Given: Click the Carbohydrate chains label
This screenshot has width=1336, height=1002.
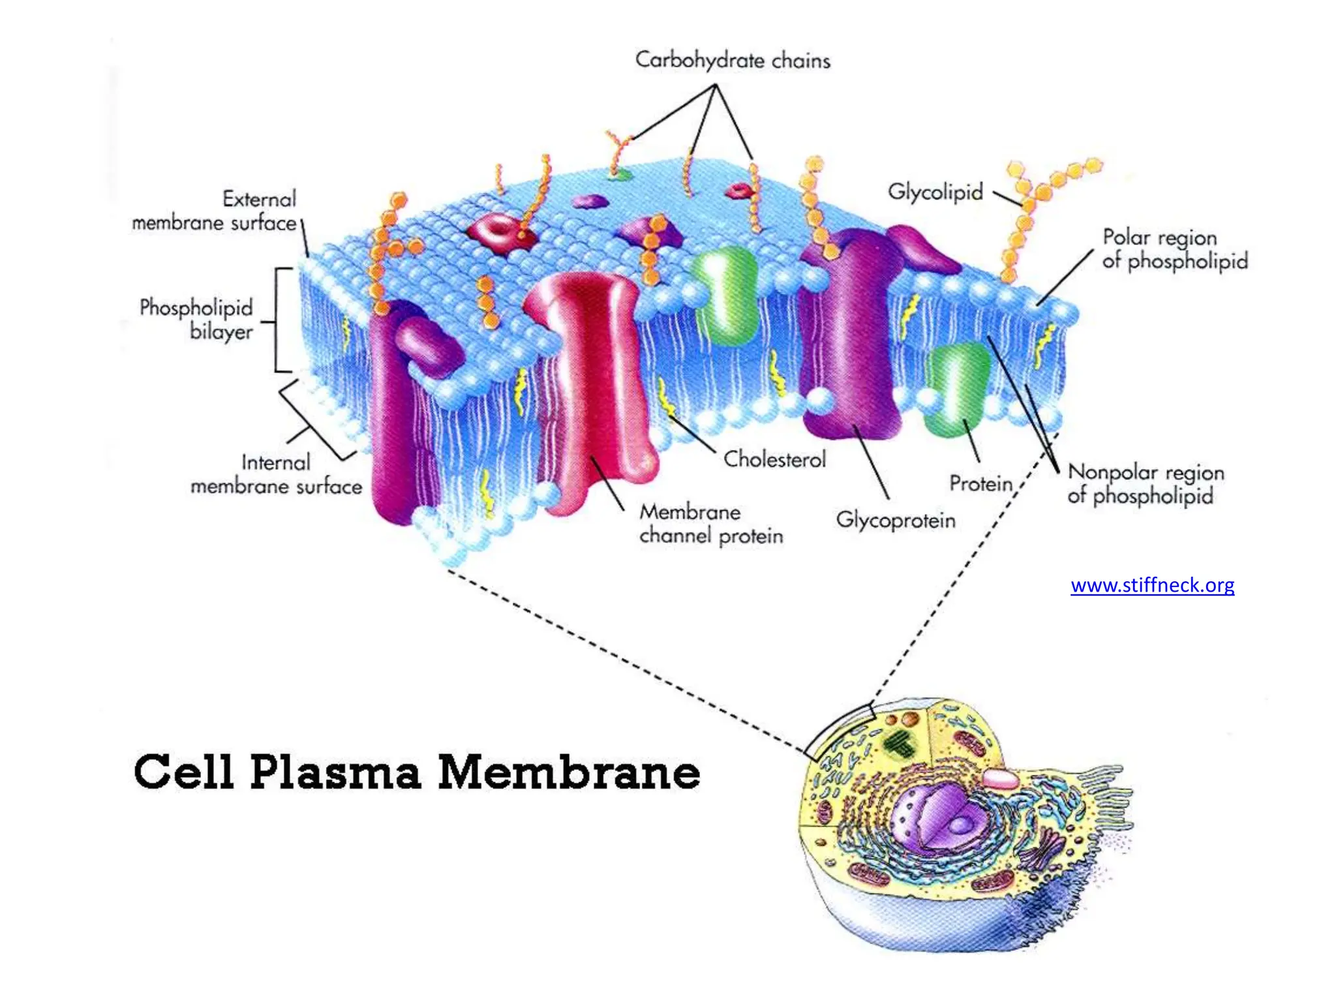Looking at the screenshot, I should tap(732, 61).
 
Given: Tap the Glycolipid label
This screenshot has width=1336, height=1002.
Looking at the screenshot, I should tap(935, 192).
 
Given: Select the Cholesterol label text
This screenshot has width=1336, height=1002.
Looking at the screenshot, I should tap(774, 459).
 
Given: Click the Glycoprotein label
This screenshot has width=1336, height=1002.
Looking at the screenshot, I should tap(895, 520).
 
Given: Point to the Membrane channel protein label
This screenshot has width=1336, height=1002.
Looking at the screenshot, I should tap(710, 524).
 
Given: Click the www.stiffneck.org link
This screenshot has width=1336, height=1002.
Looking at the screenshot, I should tap(1152, 585).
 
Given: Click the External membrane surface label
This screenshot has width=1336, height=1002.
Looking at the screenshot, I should tap(215, 211).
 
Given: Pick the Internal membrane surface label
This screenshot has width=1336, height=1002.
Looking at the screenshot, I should tap(276, 474).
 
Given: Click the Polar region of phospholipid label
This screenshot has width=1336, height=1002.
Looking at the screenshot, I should tap(1174, 249).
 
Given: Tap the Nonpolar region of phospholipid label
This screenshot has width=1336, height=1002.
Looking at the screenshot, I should tap(1145, 483).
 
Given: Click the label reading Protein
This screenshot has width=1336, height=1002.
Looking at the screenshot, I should tap(980, 483).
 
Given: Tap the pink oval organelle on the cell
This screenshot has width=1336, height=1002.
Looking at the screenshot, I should tap(999, 778).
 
